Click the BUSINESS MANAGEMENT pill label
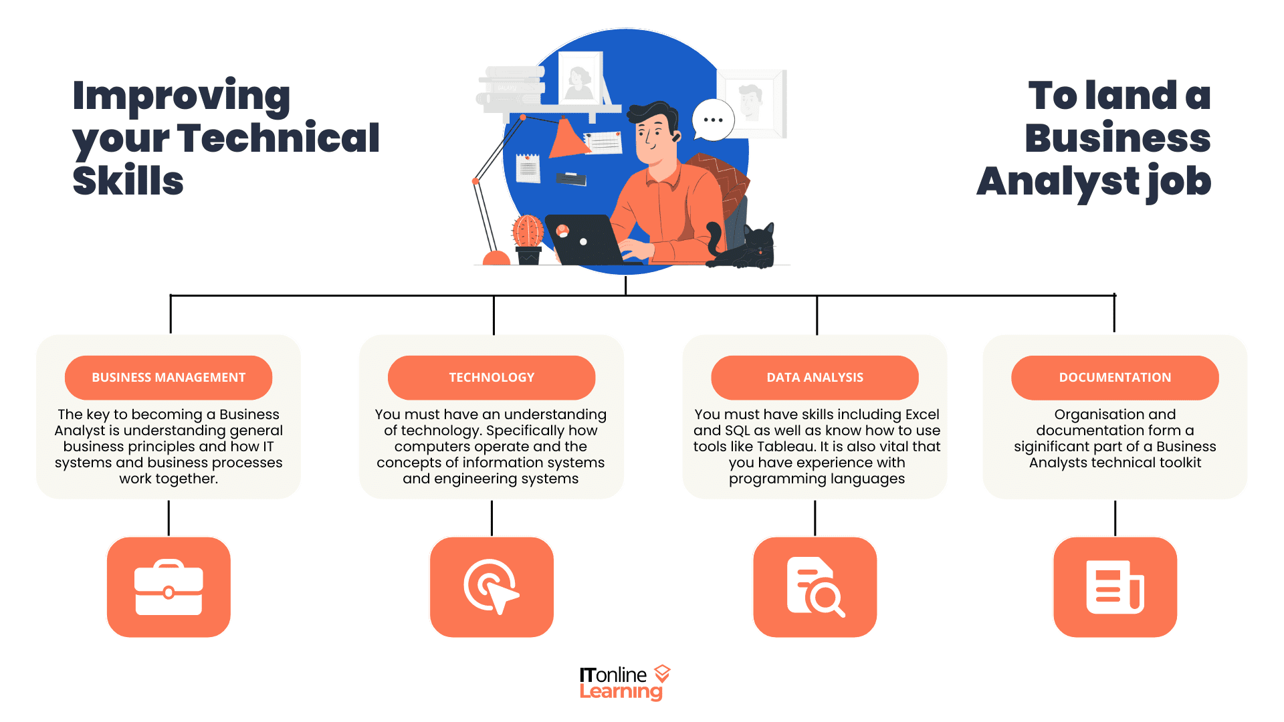coord(169,378)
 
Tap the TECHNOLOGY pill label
coord(492,378)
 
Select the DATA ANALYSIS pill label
coord(815,378)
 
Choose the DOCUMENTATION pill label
coord(1115,378)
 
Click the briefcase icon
coord(169,587)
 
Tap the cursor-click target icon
coord(492,587)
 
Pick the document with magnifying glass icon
coord(815,587)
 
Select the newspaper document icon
coord(1115,587)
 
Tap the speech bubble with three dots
coord(713,120)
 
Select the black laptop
coord(585,241)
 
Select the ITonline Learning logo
coord(624,683)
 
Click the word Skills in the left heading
coord(128,181)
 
